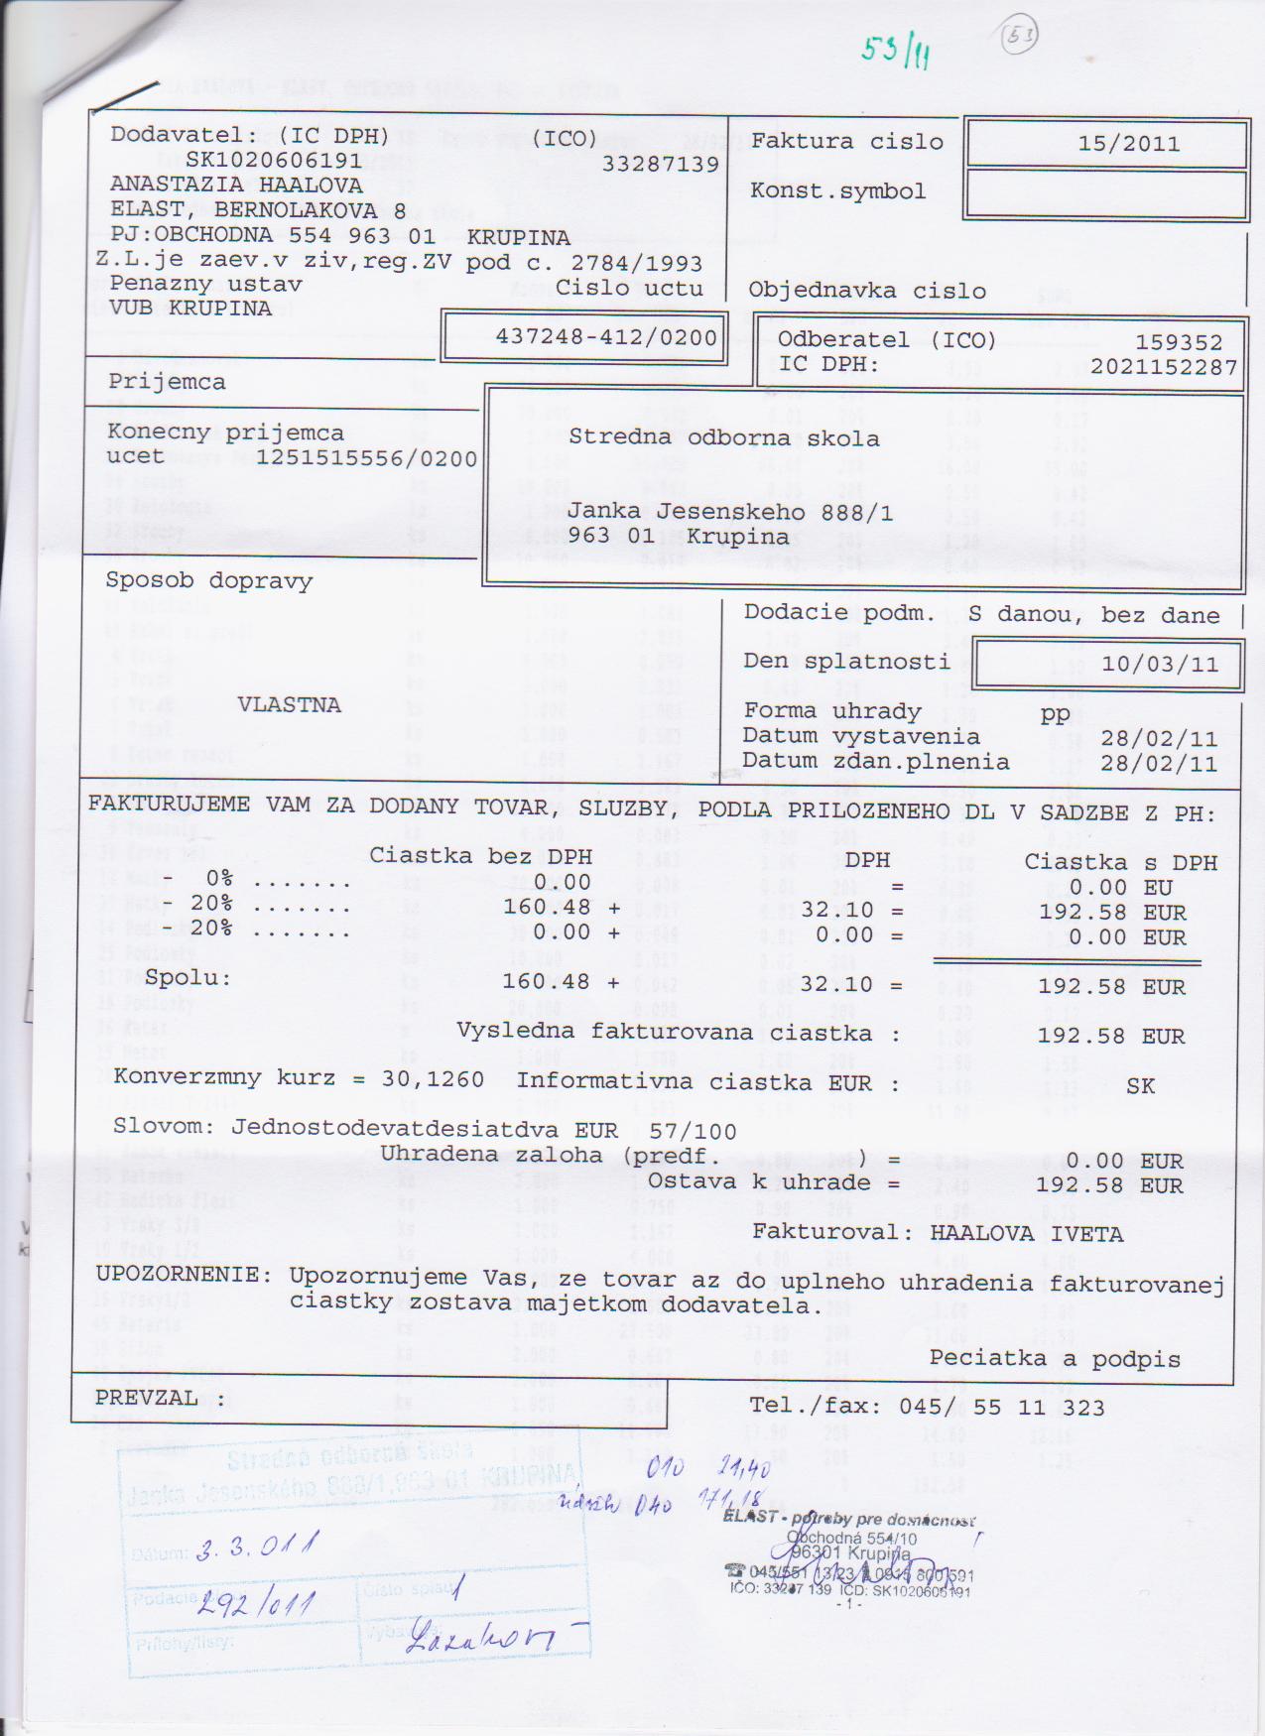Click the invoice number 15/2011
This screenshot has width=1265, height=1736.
(x=1129, y=144)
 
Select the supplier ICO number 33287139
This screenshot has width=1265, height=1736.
(x=660, y=165)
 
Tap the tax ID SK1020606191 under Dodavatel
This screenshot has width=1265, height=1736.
(x=274, y=160)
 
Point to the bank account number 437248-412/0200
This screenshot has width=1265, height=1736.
(x=606, y=337)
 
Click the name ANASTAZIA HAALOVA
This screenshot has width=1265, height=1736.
(x=236, y=185)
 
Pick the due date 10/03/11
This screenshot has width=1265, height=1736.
(x=1160, y=664)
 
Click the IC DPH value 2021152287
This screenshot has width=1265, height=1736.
(x=1164, y=367)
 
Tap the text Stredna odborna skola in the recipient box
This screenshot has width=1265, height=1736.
(x=723, y=438)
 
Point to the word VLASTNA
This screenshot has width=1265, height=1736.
(x=289, y=705)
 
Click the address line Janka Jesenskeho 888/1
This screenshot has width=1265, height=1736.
(x=730, y=512)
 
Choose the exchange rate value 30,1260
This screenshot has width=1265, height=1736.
(x=433, y=1078)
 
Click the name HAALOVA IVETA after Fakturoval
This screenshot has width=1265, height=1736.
(x=1027, y=1234)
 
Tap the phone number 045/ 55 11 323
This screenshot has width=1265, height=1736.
(x=1001, y=1407)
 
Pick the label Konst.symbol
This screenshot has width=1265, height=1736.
(x=837, y=191)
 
